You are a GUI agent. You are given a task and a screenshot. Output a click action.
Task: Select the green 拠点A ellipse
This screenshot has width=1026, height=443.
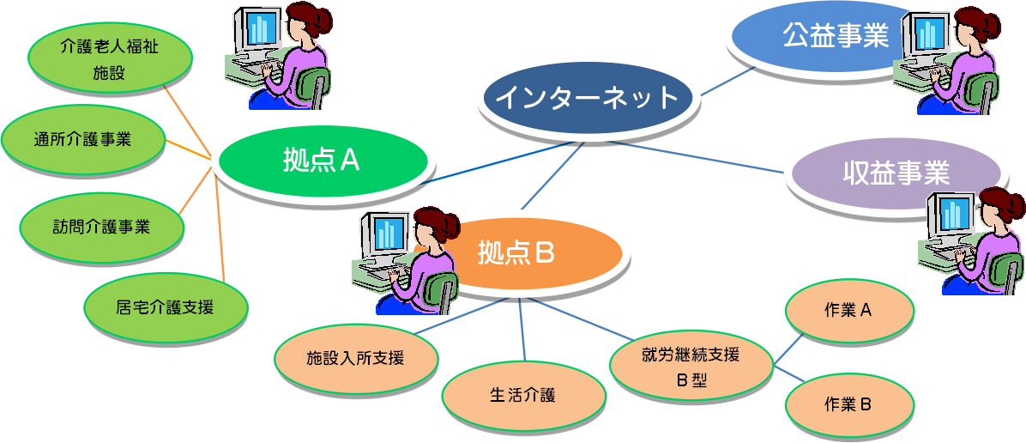pyautogui.click(x=321, y=161)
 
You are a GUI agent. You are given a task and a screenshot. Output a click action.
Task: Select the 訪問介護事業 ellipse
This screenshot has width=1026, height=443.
pyautogui.click(x=100, y=227)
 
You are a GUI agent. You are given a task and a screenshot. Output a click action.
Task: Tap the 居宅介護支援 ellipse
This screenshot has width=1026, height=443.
pyautogui.click(x=166, y=306)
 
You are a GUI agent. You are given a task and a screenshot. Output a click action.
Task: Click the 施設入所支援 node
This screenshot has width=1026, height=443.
pyautogui.click(x=355, y=358)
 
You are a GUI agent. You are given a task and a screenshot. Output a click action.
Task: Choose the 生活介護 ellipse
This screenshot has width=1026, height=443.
pyautogui.click(x=522, y=395)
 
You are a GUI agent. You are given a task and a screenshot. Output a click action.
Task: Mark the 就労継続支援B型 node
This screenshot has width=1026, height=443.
pyautogui.click(x=691, y=367)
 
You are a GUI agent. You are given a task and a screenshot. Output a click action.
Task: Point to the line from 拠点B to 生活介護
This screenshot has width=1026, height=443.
pyautogui.click(x=522, y=331)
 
